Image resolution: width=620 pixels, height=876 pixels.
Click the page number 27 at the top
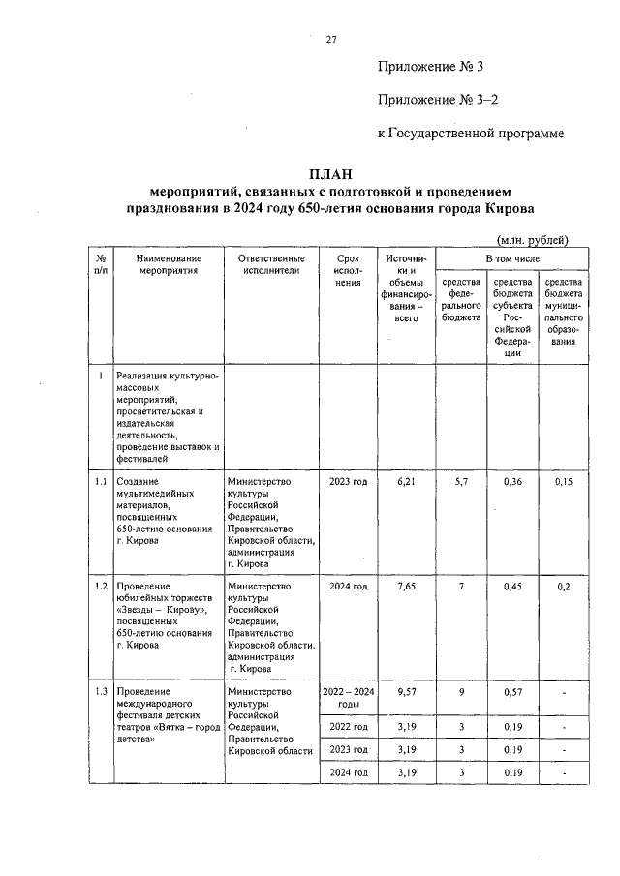pos(330,39)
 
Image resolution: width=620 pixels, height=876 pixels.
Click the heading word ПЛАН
pos(329,174)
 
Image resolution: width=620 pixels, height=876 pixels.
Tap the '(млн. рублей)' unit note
pos(531,240)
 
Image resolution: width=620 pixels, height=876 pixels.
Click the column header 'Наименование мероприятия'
pos(169,265)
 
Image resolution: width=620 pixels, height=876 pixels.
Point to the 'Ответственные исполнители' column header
pos(270,265)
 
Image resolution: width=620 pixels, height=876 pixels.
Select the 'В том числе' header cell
pos(511,259)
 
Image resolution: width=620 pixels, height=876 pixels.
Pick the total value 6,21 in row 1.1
pos(406,481)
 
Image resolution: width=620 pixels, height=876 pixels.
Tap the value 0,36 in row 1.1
pos(512,481)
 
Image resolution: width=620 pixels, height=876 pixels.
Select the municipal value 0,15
pos(564,481)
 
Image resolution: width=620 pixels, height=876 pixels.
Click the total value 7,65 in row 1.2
pos(406,587)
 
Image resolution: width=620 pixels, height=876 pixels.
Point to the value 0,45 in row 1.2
pos(512,587)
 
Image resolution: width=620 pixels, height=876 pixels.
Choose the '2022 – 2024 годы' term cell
pos(348,698)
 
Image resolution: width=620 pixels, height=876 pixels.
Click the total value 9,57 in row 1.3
pos(406,692)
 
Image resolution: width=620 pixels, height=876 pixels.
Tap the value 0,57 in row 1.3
pos(512,692)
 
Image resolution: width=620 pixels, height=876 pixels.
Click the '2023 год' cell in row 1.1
pos(348,481)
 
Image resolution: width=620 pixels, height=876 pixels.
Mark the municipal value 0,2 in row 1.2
pos(564,587)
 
